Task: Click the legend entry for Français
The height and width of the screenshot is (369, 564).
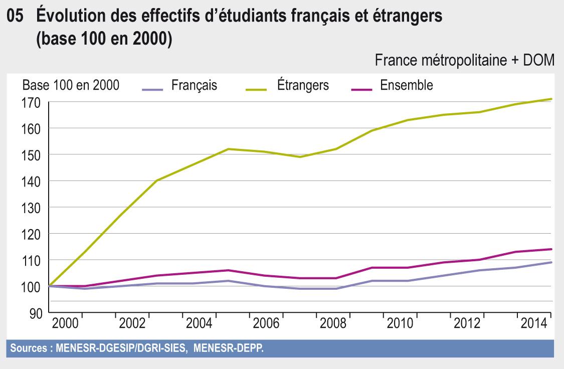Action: (194, 85)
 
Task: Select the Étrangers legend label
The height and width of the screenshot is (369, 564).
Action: (303, 85)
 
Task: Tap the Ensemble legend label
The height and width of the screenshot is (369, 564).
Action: (407, 85)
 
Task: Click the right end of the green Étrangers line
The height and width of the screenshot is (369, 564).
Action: (551, 99)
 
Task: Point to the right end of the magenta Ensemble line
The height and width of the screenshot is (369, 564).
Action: (551, 249)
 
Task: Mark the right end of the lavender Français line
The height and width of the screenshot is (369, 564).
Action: (551, 262)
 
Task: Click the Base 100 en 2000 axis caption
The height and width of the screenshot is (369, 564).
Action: (71, 85)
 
